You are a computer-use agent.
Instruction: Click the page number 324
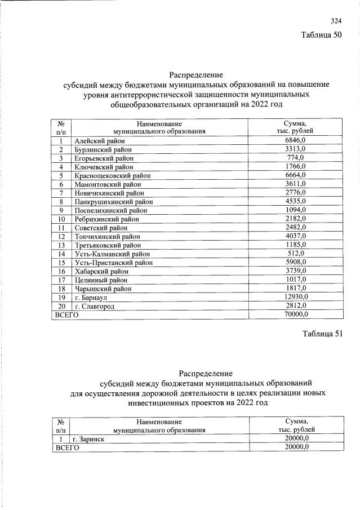click(336, 21)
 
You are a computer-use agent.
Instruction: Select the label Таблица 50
click(322, 35)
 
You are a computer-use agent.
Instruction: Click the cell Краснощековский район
click(112, 176)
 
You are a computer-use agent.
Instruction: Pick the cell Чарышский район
click(103, 289)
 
